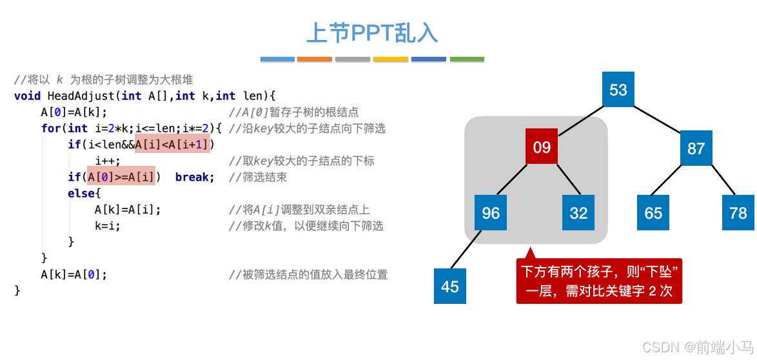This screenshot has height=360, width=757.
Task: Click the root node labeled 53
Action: tap(618, 90)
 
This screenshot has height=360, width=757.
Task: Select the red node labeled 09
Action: tap(542, 148)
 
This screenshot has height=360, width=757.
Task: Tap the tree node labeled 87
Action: tap(696, 148)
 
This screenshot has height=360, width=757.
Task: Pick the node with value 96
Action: tap(491, 213)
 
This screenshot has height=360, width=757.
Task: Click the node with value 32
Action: tap(578, 213)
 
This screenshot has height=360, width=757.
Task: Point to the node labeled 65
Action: tap(653, 213)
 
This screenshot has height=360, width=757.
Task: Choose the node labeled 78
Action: tap(738, 213)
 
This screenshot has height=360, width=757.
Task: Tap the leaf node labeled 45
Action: tap(450, 286)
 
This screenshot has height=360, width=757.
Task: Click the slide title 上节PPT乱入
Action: tap(372, 33)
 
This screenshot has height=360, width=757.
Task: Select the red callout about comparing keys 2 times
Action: tap(599, 281)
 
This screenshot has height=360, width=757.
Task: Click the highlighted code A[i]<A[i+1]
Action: tap(173, 144)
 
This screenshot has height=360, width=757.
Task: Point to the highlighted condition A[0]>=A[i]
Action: tap(121, 177)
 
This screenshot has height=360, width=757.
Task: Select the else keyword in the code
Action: tap(82, 193)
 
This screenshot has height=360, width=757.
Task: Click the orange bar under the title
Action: tap(315, 59)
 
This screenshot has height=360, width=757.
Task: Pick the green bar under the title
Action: tap(467, 59)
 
